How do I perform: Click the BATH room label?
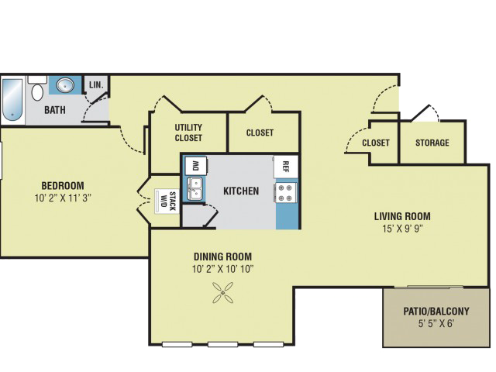point(54,110)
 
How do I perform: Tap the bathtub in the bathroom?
point(13,99)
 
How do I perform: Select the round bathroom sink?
point(66,85)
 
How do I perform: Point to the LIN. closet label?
point(97,84)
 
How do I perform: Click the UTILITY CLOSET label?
point(188,133)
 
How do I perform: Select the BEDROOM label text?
point(63,185)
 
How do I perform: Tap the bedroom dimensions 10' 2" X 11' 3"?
point(63,197)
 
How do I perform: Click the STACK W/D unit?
point(165,201)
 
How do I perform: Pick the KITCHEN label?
point(241,191)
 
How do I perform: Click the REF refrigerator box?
point(285,167)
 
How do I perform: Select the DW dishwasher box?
point(195,165)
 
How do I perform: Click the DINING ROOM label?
point(222,257)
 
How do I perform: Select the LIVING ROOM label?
point(402,215)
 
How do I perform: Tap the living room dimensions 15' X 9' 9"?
point(402,228)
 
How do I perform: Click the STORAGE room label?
point(432,143)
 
